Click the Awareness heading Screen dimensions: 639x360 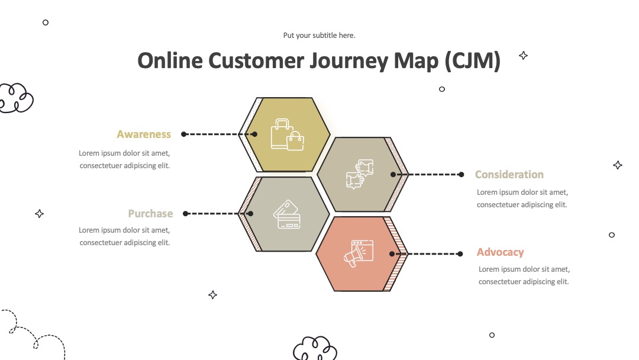coord(143,134)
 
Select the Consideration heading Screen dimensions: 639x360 coord(509,175)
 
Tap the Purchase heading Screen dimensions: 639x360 coord(150,214)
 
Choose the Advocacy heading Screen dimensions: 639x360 coord(500,252)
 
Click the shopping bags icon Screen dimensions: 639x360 coord(288,134)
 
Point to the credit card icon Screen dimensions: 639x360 coord(287,214)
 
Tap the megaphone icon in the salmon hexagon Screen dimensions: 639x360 coord(359,253)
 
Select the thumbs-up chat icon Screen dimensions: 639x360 coord(360,175)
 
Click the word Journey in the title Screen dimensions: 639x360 coord(348,61)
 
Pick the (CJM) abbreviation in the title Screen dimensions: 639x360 coord(472,61)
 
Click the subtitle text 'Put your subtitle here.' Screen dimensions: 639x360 coord(319,36)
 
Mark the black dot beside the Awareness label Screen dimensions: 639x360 coord(184,134)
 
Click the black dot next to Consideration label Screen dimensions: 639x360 coord(461,175)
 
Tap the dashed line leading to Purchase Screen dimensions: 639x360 coord(218,214)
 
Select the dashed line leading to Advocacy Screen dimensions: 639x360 coord(426,253)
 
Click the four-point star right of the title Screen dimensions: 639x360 coord(523,56)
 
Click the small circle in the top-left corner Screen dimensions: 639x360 coord(46,22)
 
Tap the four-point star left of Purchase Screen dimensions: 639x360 coord(39,214)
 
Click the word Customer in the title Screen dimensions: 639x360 coord(256,60)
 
